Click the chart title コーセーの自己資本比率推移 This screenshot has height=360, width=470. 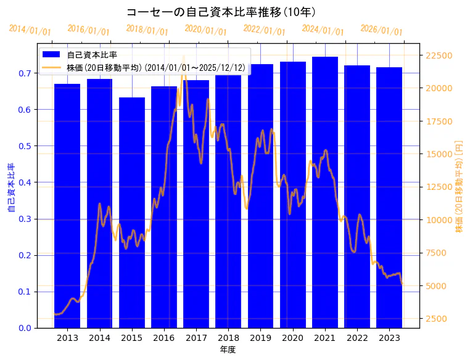point(221,12)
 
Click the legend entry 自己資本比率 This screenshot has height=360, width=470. point(92,55)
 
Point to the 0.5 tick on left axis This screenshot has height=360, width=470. point(25,146)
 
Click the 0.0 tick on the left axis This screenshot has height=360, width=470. point(25,328)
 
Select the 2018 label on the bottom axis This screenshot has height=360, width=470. point(228,338)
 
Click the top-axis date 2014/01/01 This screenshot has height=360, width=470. point(30,30)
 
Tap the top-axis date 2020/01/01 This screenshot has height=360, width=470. point(206,30)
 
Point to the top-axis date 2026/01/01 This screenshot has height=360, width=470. point(381,30)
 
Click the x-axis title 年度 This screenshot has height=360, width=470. point(228,350)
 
